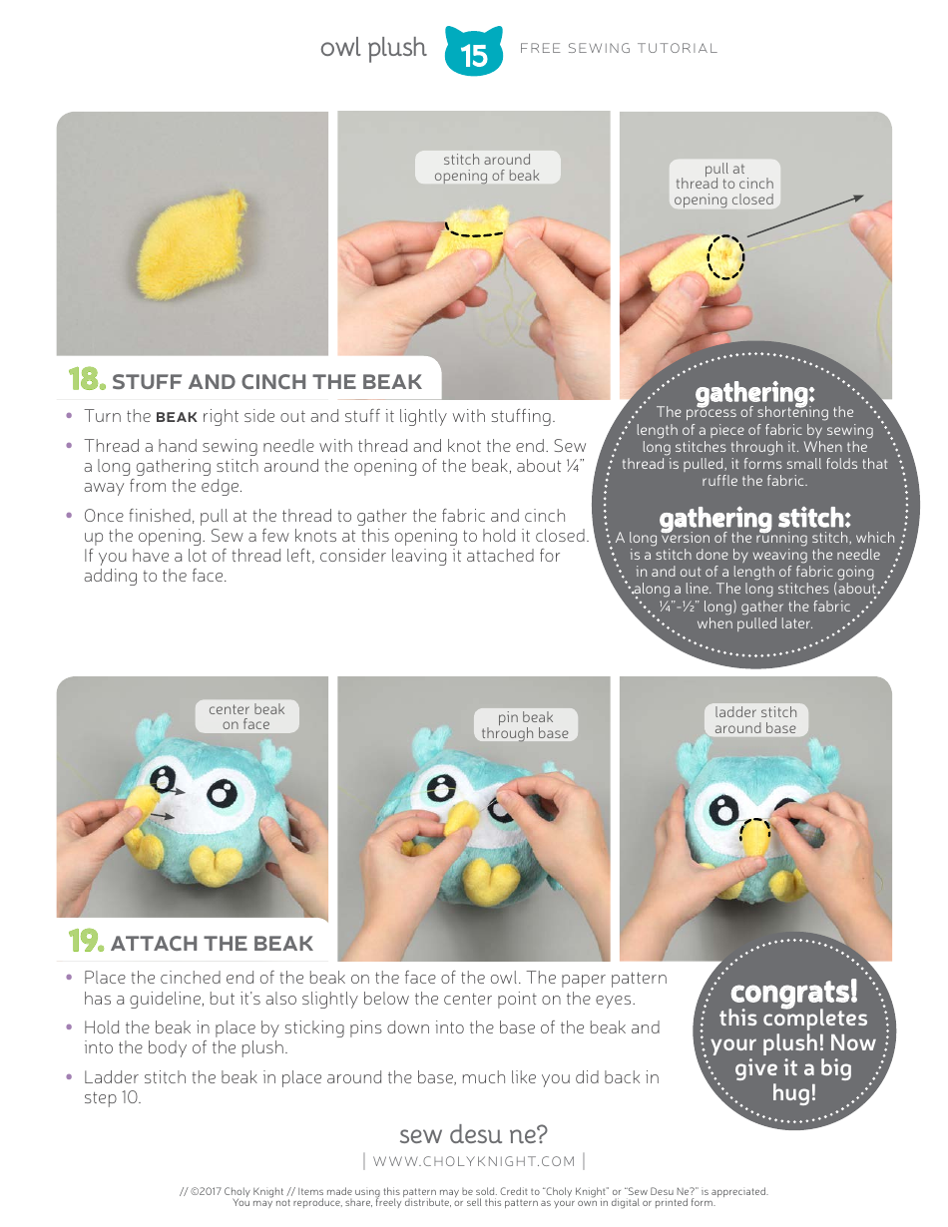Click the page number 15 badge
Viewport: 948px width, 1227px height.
coord(474,53)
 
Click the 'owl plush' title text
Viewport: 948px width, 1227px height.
coord(373,48)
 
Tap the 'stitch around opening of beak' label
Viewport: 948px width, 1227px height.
coord(487,168)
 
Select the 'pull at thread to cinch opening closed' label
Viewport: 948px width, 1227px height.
coord(723,185)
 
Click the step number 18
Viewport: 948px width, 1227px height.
coord(86,380)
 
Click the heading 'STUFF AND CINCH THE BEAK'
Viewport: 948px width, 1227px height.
coord(266,382)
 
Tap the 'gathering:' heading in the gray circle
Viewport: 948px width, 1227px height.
coord(754,393)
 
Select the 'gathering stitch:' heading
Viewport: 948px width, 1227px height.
coord(754,519)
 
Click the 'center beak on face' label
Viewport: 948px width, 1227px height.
coord(246,717)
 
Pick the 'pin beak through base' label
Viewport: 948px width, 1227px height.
coord(525,725)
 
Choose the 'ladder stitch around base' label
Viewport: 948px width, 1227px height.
coord(755,720)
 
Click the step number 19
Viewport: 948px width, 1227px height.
coord(86,942)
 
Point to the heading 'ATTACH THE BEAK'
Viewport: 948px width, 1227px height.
coord(212,944)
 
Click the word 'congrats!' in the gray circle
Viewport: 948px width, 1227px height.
coord(793,993)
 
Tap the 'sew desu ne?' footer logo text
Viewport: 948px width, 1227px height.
coord(473,1135)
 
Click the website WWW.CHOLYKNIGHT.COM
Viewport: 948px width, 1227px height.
coord(474,1161)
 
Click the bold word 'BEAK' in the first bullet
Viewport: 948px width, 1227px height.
coord(177,417)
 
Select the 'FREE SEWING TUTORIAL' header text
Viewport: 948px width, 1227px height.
coord(619,48)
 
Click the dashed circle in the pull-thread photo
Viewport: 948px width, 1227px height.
coord(725,256)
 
